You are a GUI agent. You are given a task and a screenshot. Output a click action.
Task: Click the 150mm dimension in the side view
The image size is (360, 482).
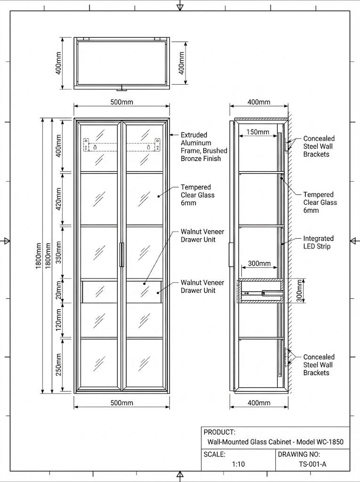(258, 132)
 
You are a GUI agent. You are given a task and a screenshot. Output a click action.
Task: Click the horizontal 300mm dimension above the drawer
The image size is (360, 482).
(259, 264)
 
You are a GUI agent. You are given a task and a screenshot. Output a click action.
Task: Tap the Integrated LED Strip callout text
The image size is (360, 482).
(318, 242)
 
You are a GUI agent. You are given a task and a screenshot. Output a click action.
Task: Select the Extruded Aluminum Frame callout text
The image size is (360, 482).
(204, 147)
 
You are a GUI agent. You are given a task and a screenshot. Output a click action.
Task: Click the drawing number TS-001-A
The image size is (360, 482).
(312, 464)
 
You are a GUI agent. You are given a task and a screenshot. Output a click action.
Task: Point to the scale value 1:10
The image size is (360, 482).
(238, 464)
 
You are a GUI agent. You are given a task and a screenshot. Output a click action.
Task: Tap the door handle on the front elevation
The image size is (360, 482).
(122, 255)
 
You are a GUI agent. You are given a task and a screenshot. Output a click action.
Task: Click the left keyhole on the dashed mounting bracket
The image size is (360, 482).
(96, 147)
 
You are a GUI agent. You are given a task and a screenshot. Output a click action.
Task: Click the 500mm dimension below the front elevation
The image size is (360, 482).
(121, 403)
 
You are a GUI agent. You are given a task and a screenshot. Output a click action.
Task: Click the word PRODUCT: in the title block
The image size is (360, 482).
(219, 432)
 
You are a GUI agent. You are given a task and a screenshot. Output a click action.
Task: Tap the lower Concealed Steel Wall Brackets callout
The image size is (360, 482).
(319, 365)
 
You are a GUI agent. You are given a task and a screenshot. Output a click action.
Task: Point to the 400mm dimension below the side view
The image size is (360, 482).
(259, 403)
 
